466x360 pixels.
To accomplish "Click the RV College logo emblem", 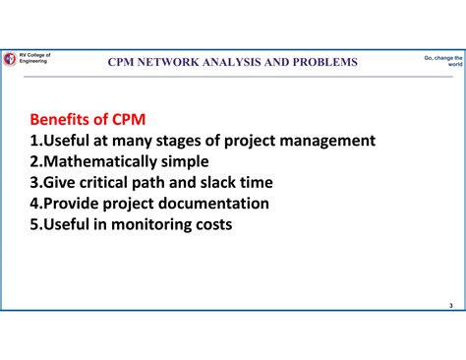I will point(9,60).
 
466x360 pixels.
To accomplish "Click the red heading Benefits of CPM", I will point(87,119).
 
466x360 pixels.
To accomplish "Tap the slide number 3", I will point(449,305).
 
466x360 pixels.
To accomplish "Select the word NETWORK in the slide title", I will point(175,62).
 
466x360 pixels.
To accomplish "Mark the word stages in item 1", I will point(183,141).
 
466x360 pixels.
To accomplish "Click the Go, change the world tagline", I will point(441,61).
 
